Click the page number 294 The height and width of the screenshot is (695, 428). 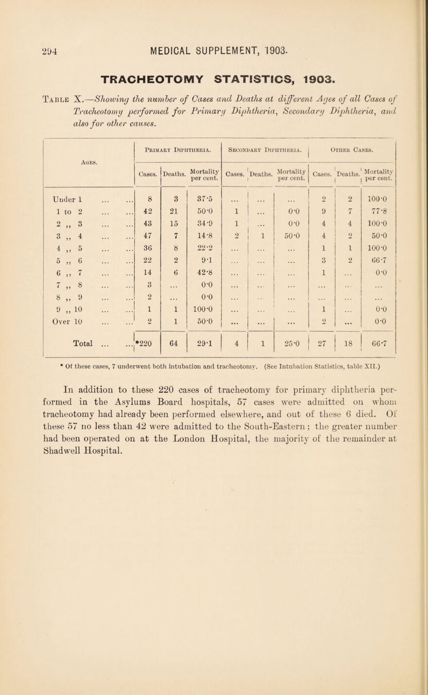23,21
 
